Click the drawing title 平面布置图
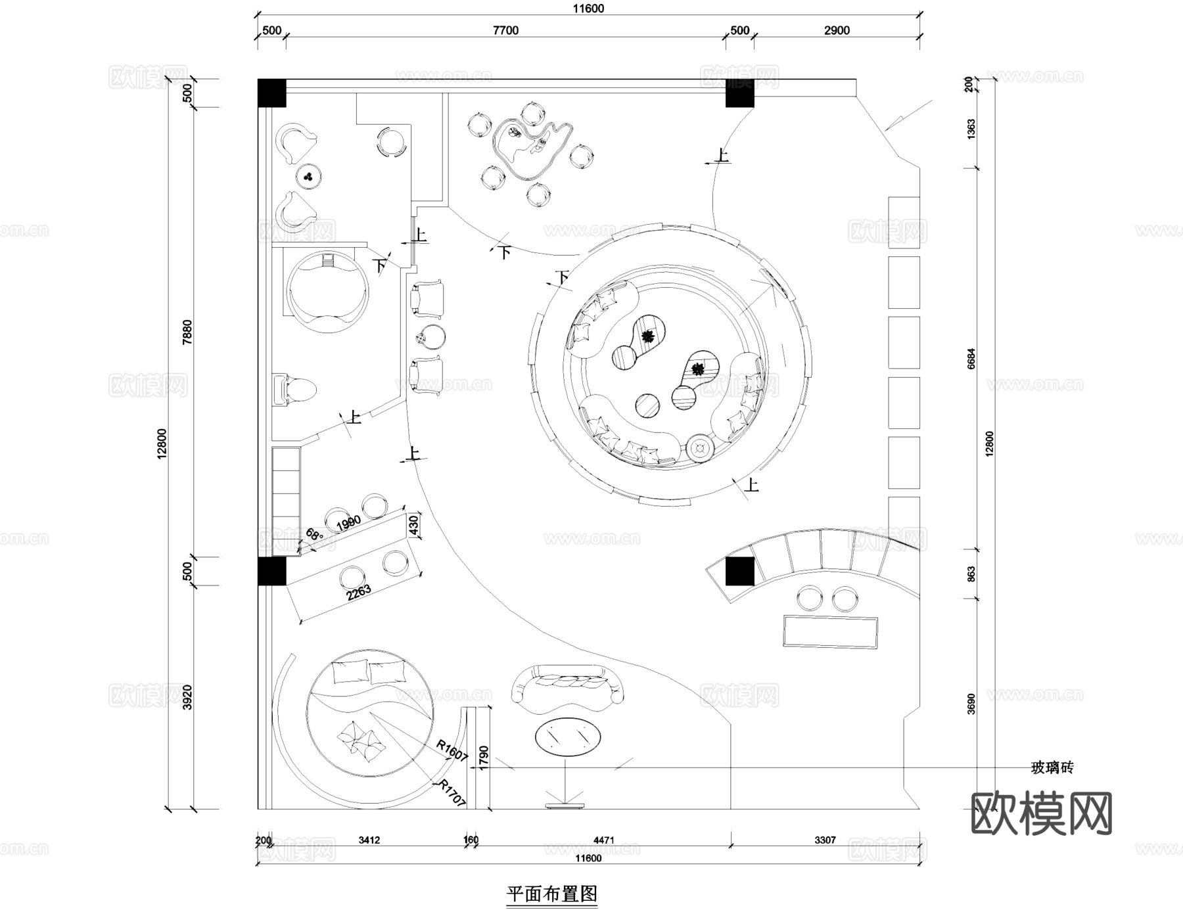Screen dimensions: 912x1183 (x=551, y=894)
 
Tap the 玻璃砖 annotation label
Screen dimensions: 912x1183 (x=1052, y=767)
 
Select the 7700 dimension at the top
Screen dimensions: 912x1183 (x=505, y=30)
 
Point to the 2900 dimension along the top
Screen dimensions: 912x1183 (x=837, y=30)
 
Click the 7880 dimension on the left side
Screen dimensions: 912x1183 (x=187, y=332)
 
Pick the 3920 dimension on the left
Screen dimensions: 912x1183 (x=187, y=696)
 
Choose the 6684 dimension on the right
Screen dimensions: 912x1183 (x=971, y=359)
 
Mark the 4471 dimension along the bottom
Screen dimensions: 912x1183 (x=603, y=840)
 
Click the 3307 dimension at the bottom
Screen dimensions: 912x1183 (x=825, y=840)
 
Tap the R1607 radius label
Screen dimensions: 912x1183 (x=452, y=751)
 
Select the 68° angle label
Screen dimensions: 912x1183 (x=315, y=534)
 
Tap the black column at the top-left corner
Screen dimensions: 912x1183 (x=271, y=93)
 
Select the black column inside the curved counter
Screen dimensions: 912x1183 (x=739, y=571)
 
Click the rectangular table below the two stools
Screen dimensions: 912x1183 (x=830, y=632)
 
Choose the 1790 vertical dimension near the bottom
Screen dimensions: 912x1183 (x=484, y=758)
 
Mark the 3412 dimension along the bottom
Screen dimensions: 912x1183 (x=369, y=840)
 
